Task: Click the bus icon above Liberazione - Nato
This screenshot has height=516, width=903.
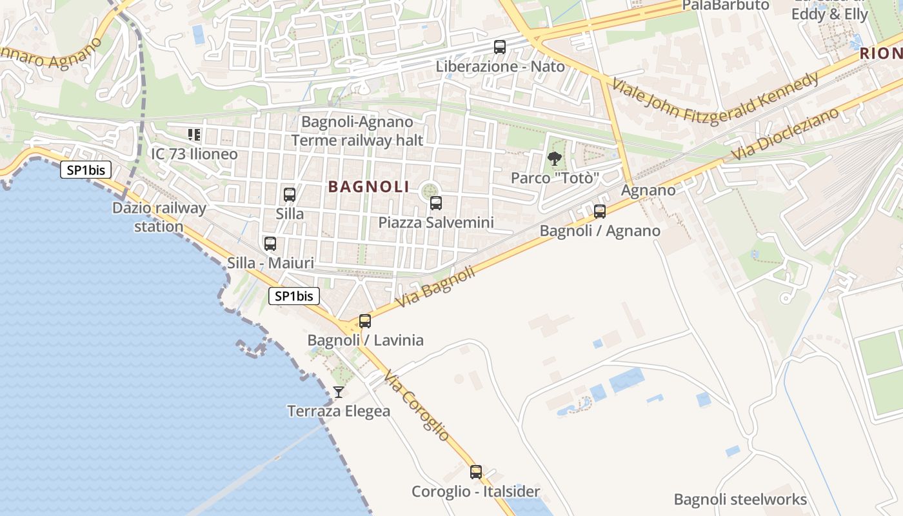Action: [500, 46]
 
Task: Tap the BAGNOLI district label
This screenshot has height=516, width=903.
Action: [368, 187]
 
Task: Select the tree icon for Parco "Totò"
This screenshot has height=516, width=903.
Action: [554, 159]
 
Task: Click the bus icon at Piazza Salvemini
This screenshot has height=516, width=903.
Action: [436, 203]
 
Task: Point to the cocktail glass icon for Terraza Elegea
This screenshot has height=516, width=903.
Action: [338, 392]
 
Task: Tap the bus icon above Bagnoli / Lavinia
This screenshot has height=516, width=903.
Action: [365, 321]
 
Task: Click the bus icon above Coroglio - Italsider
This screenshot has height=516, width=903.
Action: [476, 471]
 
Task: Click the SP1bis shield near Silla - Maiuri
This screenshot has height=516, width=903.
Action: [294, 296]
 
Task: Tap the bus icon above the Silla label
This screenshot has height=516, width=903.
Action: [290, 194]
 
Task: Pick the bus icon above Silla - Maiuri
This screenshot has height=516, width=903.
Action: [270, 244]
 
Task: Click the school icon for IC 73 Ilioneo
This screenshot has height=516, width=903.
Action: [194, 135]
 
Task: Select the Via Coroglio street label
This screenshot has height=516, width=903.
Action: [416, 406]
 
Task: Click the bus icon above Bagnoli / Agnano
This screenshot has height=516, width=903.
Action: [600, 211]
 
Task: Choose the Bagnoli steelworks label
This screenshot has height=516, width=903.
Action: [740, 500]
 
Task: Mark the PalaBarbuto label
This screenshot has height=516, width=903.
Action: [726, 6]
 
